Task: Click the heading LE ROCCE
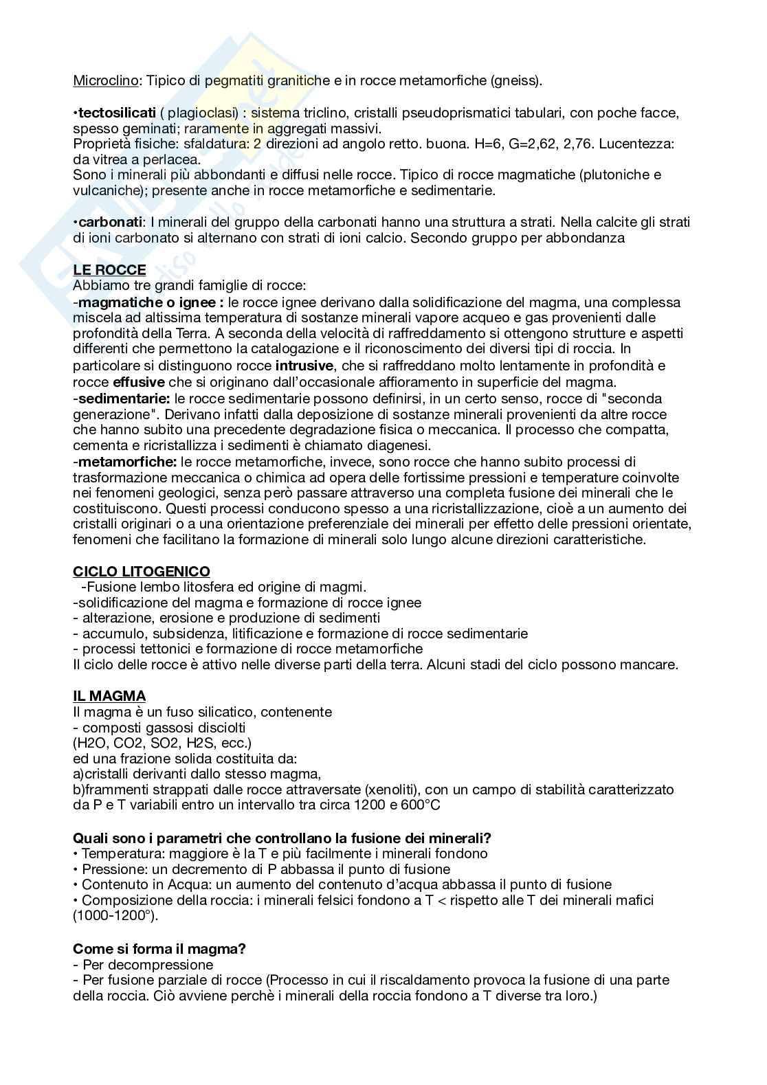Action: tap(109, 270)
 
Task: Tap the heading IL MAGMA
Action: tap(109, 696)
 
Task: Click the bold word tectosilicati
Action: tap(117, 113)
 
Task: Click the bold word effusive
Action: tap(139, 382)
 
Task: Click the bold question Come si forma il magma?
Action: tap(159, 949)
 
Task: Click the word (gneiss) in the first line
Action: tap(516, 80)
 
